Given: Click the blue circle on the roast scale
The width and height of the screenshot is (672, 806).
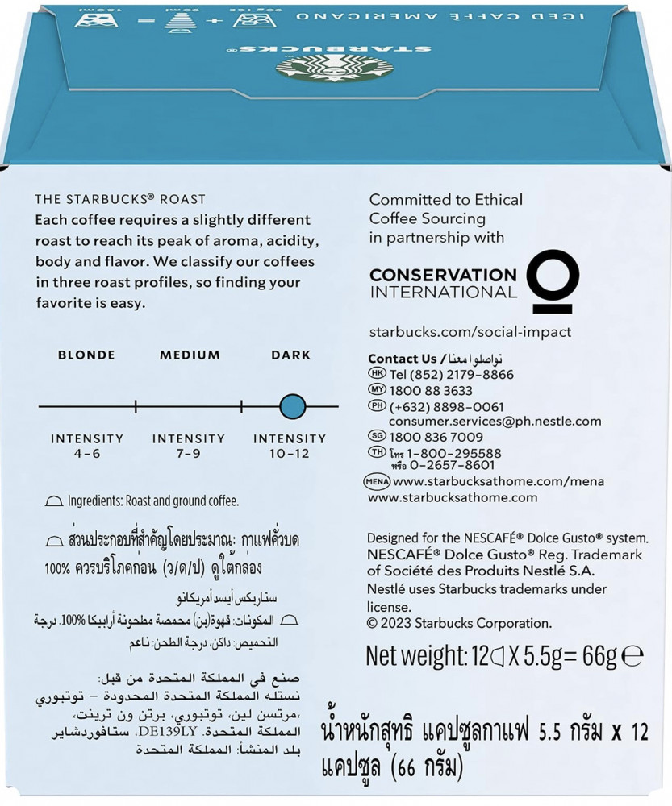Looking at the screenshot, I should (292, 406).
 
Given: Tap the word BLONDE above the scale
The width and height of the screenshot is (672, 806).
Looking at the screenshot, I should (86, 355).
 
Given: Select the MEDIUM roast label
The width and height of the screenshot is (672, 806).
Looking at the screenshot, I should (190, 355).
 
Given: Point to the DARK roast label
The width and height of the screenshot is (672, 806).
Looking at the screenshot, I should (290, 355).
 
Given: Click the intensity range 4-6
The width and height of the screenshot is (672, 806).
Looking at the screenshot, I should (86, 454).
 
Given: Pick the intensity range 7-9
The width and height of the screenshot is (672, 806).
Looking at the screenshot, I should (188, 454).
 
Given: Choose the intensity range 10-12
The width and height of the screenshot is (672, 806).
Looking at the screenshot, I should (290, 454).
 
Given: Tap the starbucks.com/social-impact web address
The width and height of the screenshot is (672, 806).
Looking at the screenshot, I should (470, 332).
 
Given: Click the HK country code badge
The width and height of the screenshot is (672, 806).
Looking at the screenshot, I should (377, 373).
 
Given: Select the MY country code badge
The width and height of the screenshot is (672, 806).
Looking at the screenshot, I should (377, 389).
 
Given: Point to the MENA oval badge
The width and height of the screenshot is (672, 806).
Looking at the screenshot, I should (378, 482).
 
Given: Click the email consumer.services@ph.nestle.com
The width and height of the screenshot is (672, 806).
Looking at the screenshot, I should (495, 421).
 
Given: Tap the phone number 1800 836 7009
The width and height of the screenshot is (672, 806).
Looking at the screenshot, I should (436, 437).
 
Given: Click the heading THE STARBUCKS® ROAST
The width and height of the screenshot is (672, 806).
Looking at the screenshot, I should (120, 199).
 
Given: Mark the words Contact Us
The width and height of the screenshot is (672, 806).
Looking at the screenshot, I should (402, 359).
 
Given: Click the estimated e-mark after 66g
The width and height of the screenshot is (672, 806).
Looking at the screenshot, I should (633, 657).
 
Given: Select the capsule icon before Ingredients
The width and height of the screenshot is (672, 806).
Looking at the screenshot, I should (54, 501).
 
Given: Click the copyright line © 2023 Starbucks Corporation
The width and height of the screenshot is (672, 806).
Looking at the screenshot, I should (459, 622).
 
